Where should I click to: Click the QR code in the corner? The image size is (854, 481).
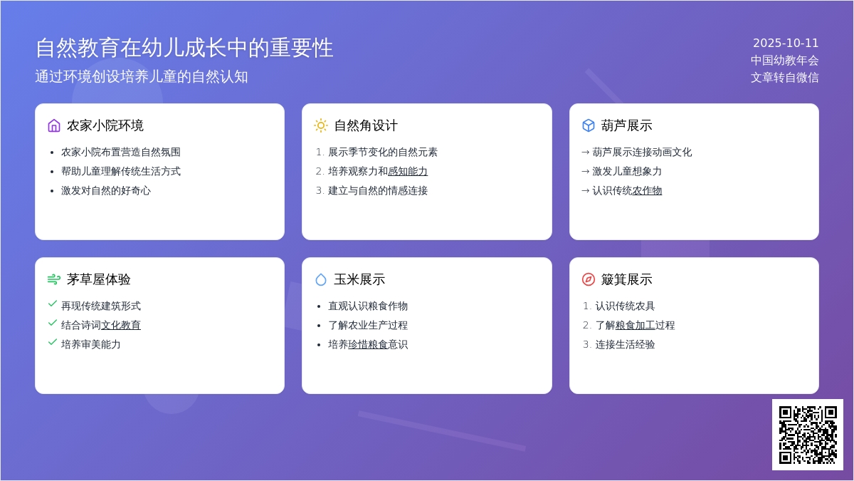tap(808, 435)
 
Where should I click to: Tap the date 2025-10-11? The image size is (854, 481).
tap(786, 43)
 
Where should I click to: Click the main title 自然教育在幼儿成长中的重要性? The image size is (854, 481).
tap(184, 48)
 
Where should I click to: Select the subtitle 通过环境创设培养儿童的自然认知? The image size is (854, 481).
tap(142, 76)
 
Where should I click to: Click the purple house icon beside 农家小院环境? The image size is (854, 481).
tap(54, 125)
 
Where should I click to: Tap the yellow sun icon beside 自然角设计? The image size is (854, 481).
tap(321, 125)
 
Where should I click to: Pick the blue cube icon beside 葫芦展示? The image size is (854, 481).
tap(589, 125)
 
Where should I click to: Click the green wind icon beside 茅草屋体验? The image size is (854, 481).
tap(54, 279)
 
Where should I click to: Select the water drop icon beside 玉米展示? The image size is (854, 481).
tap(321, 279)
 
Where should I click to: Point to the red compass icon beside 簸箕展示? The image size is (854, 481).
tap(589, 279)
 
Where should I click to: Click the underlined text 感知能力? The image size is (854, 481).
tap(408, 172)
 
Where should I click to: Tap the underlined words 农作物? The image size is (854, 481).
tap(647, 190)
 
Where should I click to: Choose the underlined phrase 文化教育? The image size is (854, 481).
tap(121, 325)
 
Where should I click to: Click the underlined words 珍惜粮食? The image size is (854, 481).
tap(368, 344)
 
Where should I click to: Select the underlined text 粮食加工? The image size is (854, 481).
tap(635, 325)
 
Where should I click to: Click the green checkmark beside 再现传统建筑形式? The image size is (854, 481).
tap(53, 304)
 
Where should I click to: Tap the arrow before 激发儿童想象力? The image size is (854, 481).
tap(585, 172)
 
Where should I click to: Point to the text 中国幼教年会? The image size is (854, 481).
tap(784, 61)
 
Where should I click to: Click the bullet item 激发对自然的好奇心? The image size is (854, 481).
tap(106, 190)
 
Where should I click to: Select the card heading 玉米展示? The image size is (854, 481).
tap(359, 279)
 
